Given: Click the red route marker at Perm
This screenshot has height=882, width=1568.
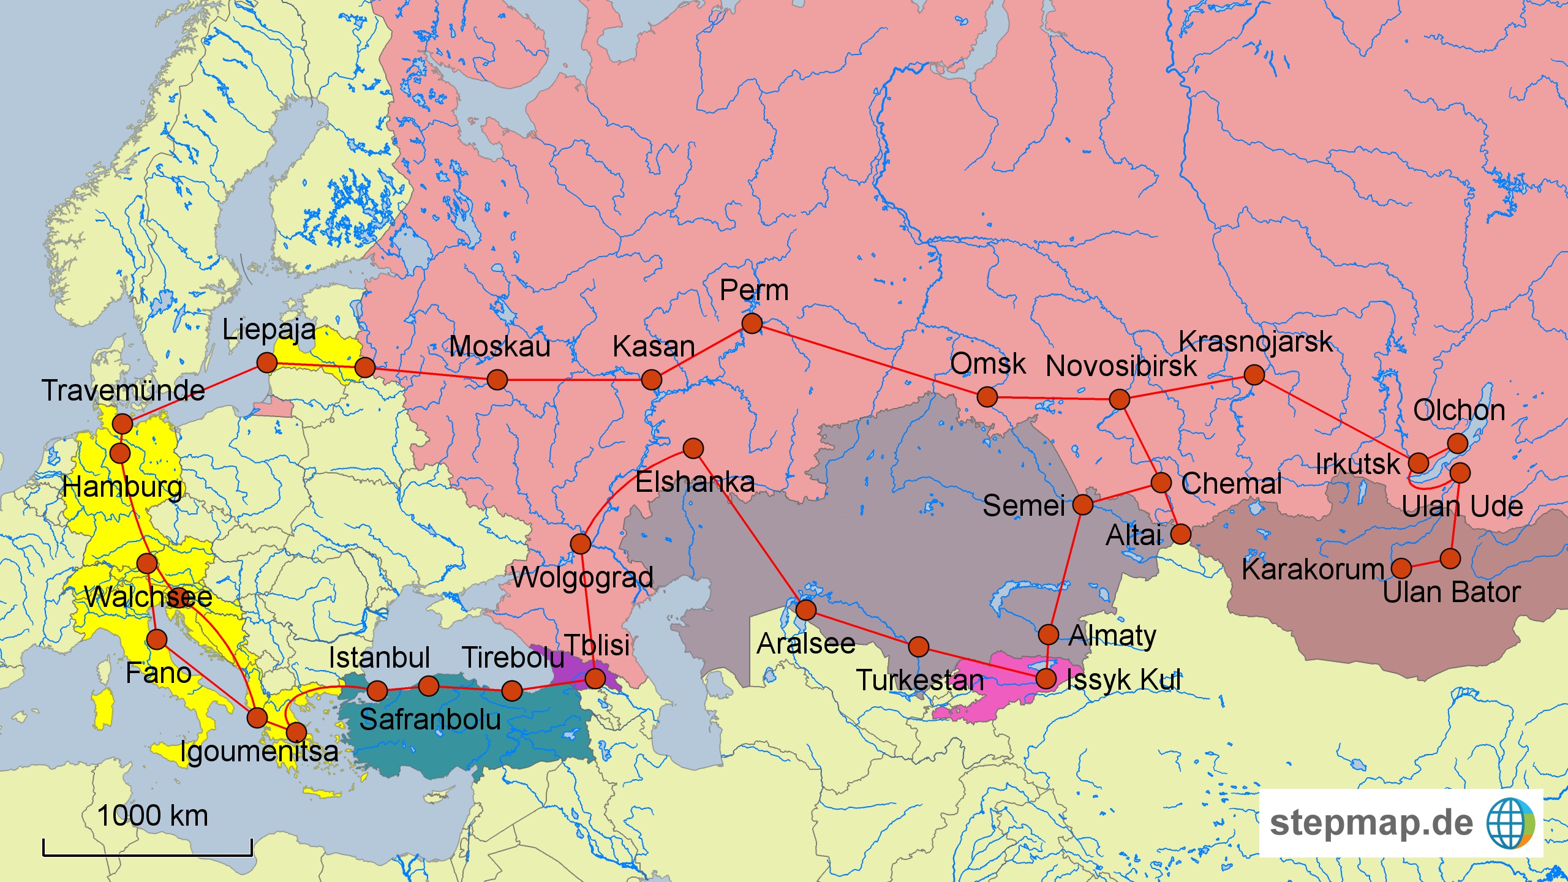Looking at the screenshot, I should coord(752,323).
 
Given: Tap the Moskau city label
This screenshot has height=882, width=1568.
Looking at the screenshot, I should coord(499,347).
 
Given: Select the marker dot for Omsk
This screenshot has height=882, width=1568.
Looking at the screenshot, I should coord(987,397).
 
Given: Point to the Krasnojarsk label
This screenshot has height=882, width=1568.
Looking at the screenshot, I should coord(1255,342).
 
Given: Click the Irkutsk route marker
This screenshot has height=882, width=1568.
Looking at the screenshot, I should coord(1419,463).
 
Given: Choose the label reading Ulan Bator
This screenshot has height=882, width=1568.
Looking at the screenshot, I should coord(1452,592).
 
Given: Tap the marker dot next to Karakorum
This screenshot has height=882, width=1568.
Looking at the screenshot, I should coord(1401,568).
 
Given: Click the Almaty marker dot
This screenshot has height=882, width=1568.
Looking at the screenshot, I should coord(1049,634).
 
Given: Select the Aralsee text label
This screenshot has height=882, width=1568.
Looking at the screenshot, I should coord(805,644).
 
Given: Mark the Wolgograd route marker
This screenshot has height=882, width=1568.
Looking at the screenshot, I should coord(580,543).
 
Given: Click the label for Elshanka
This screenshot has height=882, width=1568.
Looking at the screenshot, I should coord(695,483).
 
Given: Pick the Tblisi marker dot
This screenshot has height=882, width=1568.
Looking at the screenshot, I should coord(595,678).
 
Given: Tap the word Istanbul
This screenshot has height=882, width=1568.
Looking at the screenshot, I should coord(379,658).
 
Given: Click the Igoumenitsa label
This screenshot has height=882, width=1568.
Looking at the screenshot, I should coord(259,752).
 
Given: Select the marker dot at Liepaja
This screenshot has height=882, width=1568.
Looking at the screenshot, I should coord(267,363).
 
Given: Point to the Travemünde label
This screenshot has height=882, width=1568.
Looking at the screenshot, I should coord(123,391).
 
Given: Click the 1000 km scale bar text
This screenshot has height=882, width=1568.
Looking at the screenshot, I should coord(153,816).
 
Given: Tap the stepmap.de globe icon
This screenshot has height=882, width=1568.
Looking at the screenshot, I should coord(1510,823).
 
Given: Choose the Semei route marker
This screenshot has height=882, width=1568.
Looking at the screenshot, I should coord(1083,505).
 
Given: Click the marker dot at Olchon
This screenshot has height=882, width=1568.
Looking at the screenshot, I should coord(1457,443).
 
